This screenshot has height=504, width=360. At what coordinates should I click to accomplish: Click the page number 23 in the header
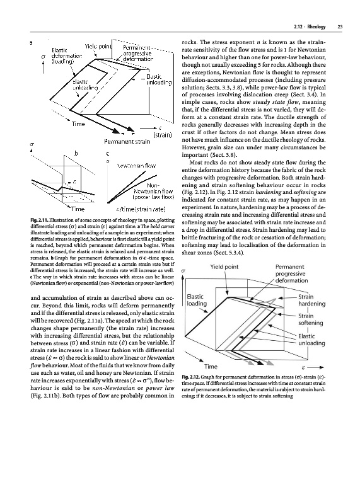coord(340,26)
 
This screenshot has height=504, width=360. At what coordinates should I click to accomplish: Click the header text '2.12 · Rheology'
coord(310,26)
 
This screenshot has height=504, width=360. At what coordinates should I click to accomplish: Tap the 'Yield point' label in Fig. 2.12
coord(224,266)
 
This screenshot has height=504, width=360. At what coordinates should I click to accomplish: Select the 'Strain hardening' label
coord(311,301)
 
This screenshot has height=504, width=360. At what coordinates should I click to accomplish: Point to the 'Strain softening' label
coord(310,319)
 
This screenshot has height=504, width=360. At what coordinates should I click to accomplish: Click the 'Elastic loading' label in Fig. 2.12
coord(196,300)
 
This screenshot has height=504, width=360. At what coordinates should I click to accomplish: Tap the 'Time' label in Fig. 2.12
coord(211,367)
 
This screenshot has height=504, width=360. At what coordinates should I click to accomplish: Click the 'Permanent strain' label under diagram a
coord(127,141)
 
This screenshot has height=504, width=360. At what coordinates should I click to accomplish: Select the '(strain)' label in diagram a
coord(162,135)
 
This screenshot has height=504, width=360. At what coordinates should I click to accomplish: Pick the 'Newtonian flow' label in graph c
coord(136,166)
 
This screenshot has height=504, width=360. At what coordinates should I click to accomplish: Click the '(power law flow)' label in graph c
coord(153,197)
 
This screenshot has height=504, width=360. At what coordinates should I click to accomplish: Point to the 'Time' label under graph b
coord(78,209)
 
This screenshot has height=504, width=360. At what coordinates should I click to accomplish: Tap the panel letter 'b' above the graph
coord(76,153)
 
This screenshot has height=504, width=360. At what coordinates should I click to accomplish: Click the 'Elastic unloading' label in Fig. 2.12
coord(311,340)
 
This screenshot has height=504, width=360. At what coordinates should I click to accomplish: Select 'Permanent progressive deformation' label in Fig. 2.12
coord(291,273)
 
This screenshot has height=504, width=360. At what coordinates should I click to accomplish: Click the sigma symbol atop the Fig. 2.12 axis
coord(183,271)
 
